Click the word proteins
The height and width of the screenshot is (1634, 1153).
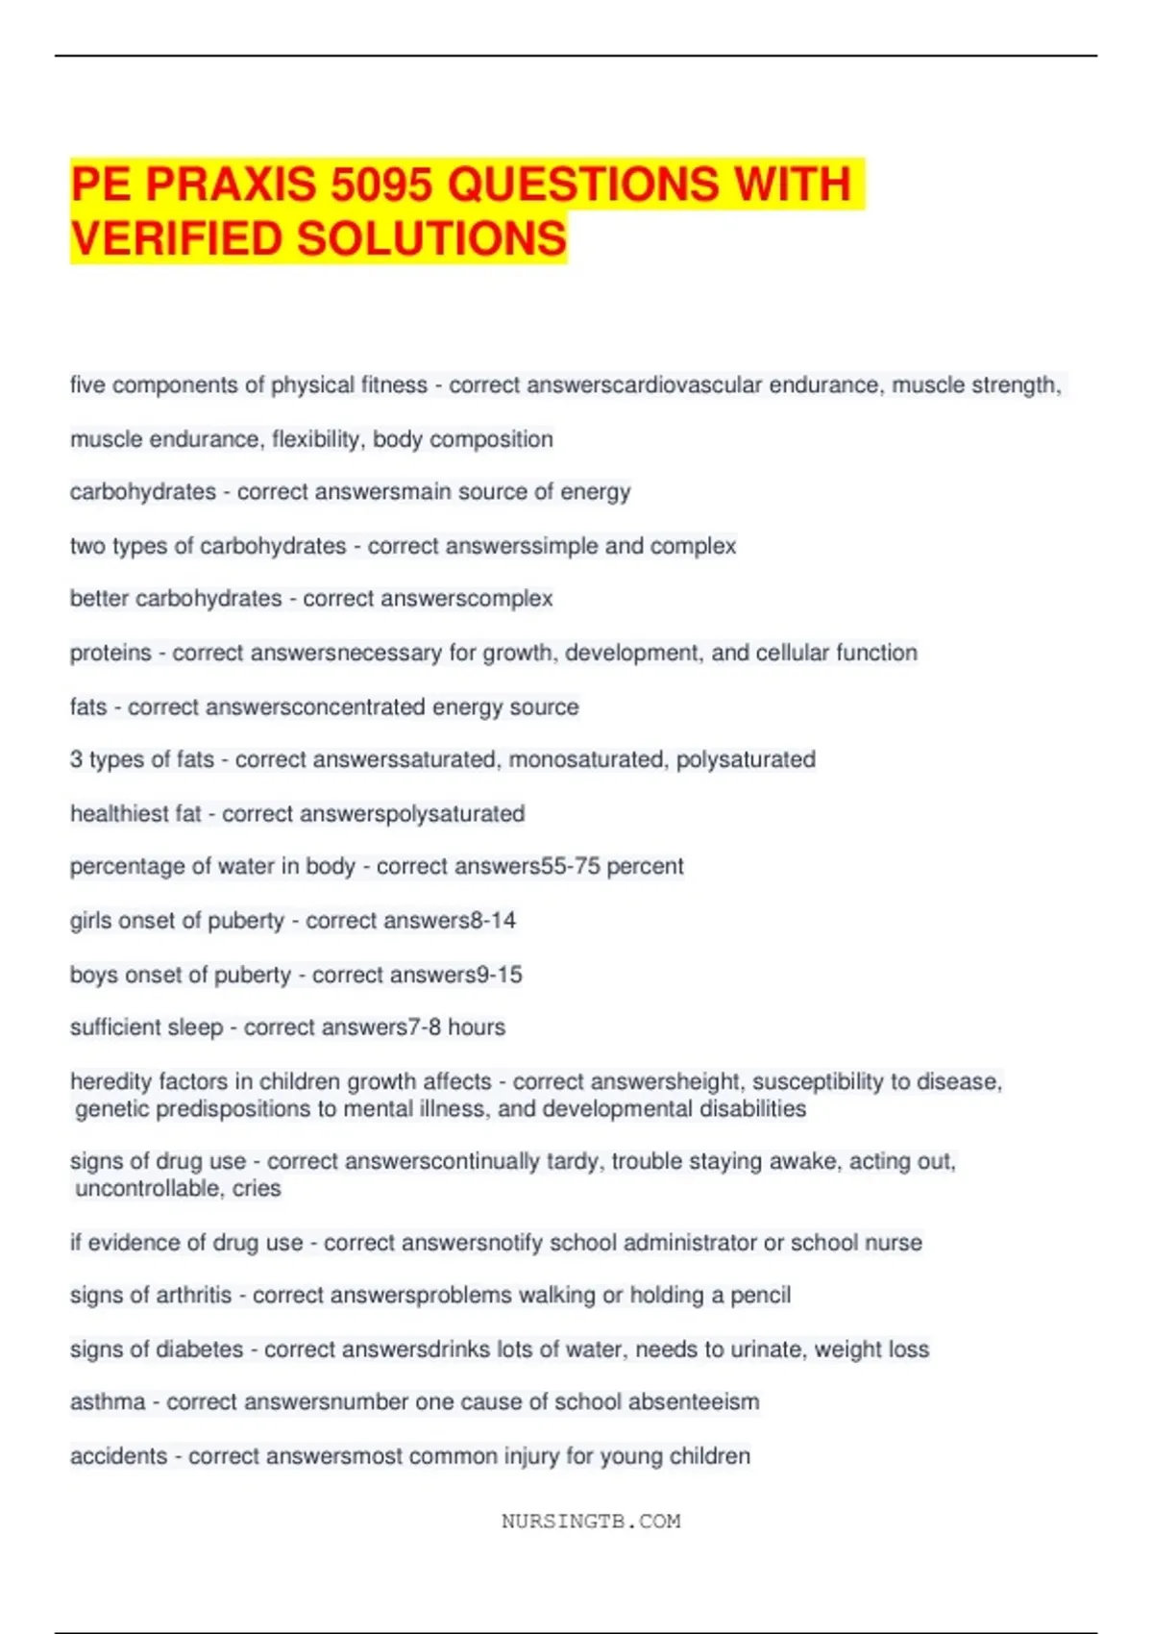click(110, 653)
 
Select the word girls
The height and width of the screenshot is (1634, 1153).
click(90, 921)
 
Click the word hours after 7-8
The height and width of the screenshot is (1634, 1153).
click(476, 1027)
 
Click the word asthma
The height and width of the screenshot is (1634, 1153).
click(108, 1402)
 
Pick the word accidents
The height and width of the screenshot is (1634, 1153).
click(118, 1456)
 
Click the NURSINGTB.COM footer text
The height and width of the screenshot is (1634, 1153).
click(590, 1522)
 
